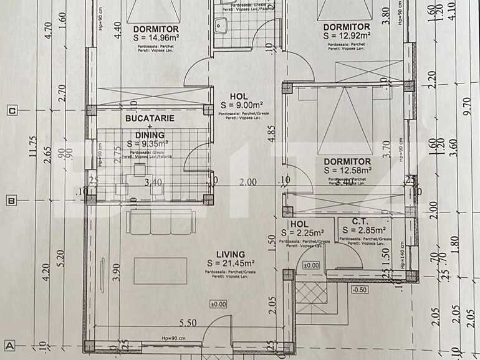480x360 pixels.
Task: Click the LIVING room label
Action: click(x=230, y=254)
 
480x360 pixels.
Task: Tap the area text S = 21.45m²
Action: click(x=230, y=263)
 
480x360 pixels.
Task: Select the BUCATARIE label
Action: click(x=150, y=118)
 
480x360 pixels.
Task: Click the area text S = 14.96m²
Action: click(x=156, y=37)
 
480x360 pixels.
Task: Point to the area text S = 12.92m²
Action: click(x=347, y=36)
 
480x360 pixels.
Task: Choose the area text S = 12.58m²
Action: click(x=347, y=170)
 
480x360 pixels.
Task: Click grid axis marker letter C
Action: click(x=11, y=111)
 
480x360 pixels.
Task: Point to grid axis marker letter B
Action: click(x=11, y=201)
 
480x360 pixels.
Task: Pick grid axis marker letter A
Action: click(x=11, y=344)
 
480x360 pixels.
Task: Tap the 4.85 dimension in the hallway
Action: click(x=271, y=135)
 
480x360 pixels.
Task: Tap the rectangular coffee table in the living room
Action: click(x=160, y=270)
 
